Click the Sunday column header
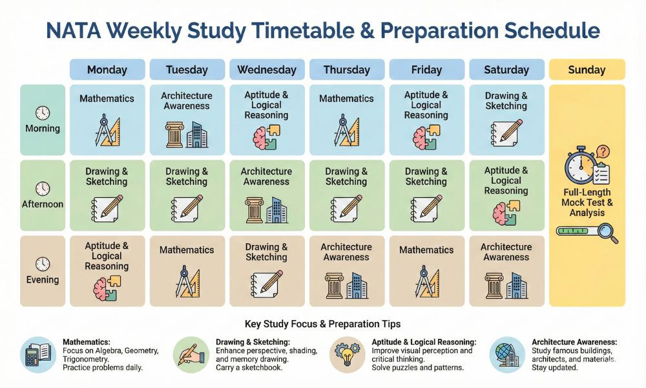coord(587,70)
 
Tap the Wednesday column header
coord(266,70)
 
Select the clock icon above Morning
coord(43,113)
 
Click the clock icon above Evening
coord(43,264)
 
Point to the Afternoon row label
coord(43,204)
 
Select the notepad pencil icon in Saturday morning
coord(506,132)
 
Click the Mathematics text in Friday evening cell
coord(426,250)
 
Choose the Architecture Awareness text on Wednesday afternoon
coord(266,177)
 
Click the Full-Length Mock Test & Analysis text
coord(587,202)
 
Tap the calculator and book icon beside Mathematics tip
coord(37,354)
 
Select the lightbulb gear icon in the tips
coord(347,354)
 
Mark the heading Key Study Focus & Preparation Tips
coord(323,323)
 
